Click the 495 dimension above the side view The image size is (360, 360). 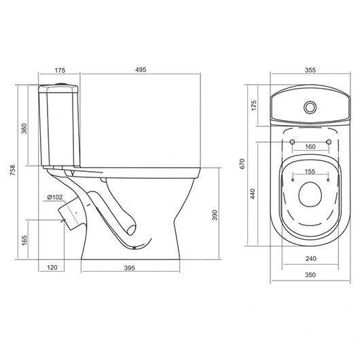pyautogui.click(x=140, y=71)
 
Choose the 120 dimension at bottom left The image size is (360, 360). pyautogui.click(x=52, y=268)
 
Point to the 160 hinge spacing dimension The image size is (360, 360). pyautogui.click(x=310, y=147)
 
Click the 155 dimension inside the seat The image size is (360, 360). pyautogui.click(x=310, y=173)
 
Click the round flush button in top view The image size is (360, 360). pyautogui.click(x=310, y=107)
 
